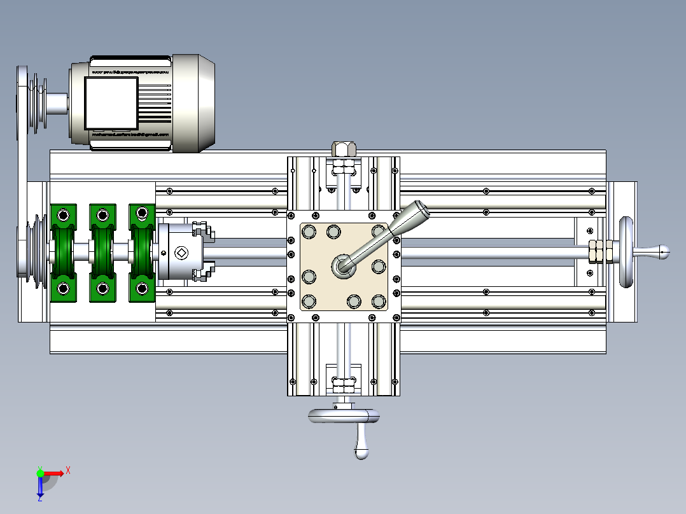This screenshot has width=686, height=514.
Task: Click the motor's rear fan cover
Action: click(x=195, y=103)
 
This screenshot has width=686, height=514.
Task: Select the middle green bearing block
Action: click(x=102, y=253)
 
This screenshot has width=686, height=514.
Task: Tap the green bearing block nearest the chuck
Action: click(x=141, y=253)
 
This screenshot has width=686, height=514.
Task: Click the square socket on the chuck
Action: click(x=180, y=253)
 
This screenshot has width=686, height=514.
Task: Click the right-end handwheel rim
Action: click(x=626, y=253)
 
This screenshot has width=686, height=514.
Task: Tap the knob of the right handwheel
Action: click(x=664, y=252)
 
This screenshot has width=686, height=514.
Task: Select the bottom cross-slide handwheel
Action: click(x=344, y=416)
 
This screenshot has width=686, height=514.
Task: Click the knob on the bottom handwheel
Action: click(x=361, y=453)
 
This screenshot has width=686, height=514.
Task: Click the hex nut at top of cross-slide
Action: click(x=344, y=149)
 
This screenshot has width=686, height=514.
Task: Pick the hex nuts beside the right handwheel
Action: click(x=598, y=252)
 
